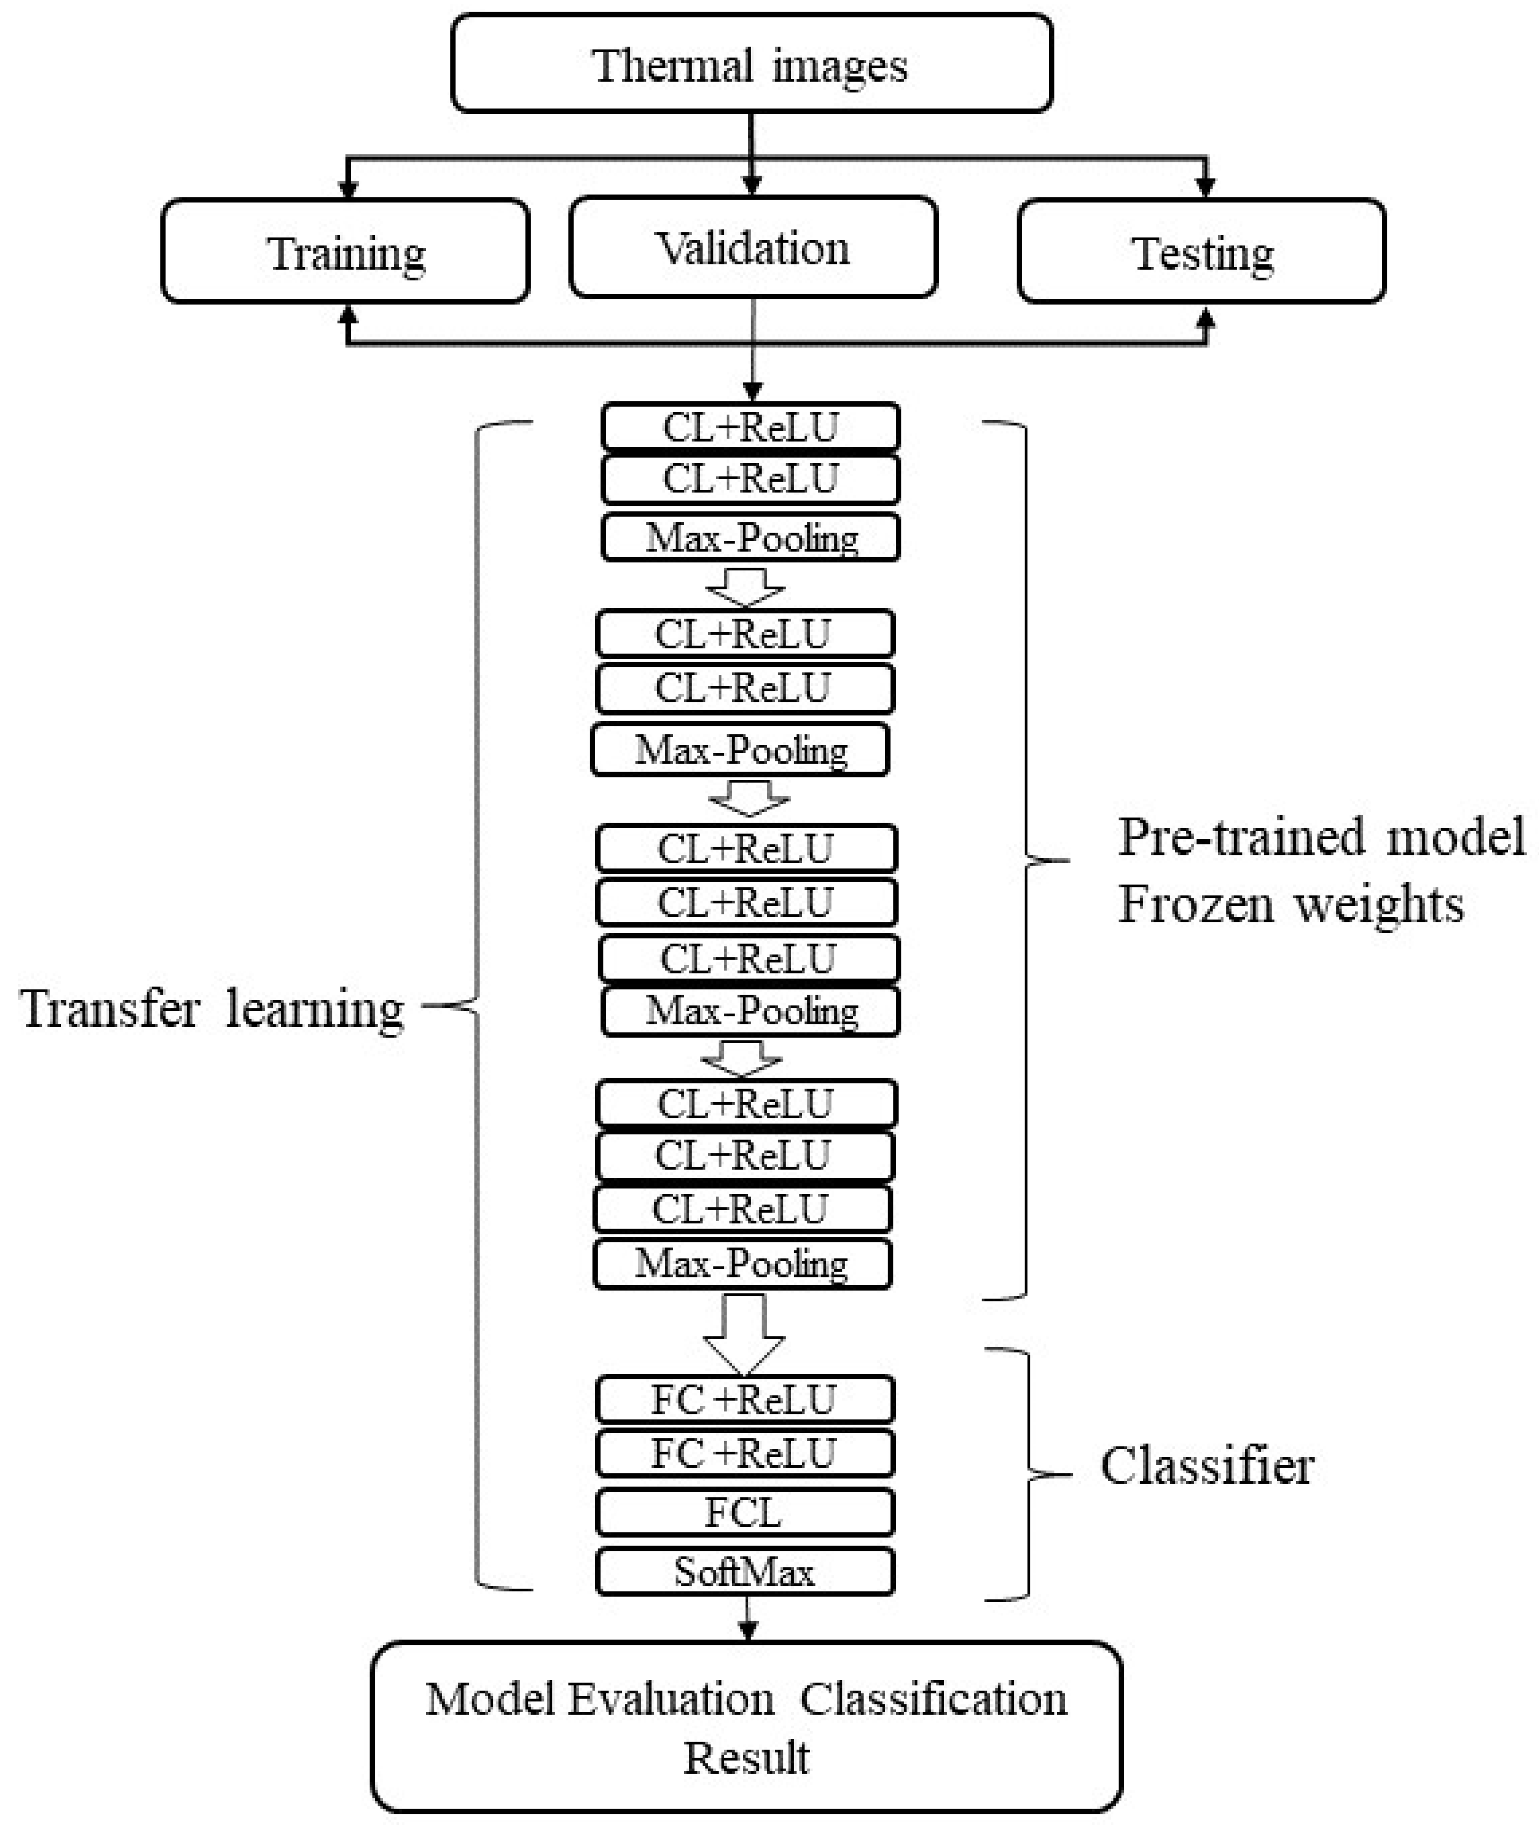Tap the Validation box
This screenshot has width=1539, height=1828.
click(752, 248)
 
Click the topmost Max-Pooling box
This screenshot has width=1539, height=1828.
click(749, 538)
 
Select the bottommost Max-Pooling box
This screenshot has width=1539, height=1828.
click(741, 1264)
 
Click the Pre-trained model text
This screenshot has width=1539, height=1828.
click(1321, 837)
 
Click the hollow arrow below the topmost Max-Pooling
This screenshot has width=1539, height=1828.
click(745, 587)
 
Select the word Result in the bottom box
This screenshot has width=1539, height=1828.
click(746, 1757)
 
